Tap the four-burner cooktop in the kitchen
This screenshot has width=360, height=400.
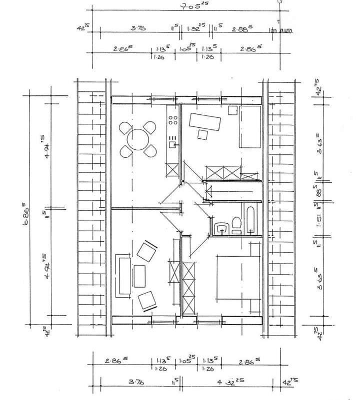tap(173, 120)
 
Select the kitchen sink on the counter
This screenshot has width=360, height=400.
tap(172, 144)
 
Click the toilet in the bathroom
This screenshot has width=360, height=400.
tap(236, 226)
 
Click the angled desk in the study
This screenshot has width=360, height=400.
tap(205, 121)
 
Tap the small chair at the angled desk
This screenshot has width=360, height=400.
tap(203, 134)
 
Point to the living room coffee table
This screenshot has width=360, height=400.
tap(139, 276)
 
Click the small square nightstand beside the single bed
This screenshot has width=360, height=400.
tap(232, 110)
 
